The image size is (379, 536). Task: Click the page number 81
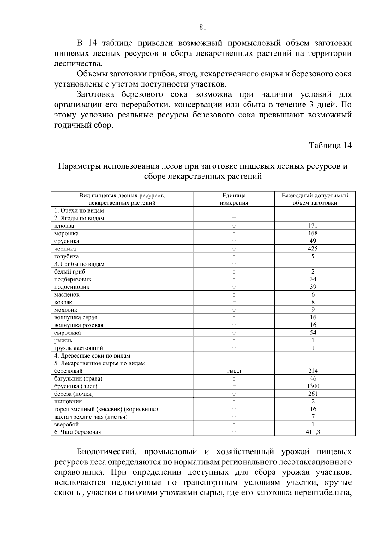[203, 27]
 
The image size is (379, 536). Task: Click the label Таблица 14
[330, 146]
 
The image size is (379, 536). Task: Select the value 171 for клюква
[313, 226]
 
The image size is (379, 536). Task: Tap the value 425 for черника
[313, 249]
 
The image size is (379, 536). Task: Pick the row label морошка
[66, 234]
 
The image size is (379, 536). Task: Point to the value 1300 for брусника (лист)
[313, 386]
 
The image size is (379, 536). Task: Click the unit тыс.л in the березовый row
[234, 371]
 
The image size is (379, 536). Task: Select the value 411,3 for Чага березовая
[313, 432]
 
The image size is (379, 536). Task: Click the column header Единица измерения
[234, 199]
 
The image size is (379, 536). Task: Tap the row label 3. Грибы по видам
[79, 264]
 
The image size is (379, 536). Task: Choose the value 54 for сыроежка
[313, 333]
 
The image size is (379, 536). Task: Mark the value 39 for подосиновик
[313, 287]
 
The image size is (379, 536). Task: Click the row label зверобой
[66, 425]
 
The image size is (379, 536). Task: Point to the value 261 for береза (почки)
[313, 394]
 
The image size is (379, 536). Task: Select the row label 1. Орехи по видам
[79, 211]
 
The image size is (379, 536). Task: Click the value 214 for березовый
[313, 371]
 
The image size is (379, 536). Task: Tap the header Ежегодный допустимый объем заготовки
[315, 199]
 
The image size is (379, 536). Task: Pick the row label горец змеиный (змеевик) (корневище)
[106, 409]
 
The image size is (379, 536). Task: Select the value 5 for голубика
[313, 256]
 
